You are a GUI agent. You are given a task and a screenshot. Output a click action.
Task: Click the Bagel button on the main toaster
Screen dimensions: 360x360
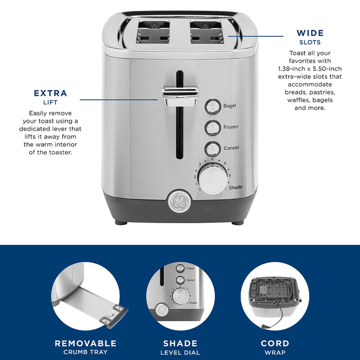(x=212, y=106)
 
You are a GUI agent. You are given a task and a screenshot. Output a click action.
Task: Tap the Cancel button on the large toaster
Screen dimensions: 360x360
(x=212, y=148)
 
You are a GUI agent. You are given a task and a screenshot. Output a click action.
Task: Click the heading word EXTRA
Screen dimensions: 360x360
(x=50, y=94)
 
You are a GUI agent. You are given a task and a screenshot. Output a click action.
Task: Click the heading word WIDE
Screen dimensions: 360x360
(x=310, y=33)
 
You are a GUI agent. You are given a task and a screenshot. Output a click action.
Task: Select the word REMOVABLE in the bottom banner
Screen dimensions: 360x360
(x=85, y=343)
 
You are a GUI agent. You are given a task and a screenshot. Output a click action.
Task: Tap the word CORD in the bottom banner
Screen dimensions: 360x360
(x=275, y=343)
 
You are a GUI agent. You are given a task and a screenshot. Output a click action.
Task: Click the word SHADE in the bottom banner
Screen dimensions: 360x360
(x=180, y=343)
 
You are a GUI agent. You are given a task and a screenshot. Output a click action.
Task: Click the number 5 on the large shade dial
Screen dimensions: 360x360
(x=225, y=163)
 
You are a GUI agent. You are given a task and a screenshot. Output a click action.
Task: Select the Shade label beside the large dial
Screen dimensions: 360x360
(x=236, y=187)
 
